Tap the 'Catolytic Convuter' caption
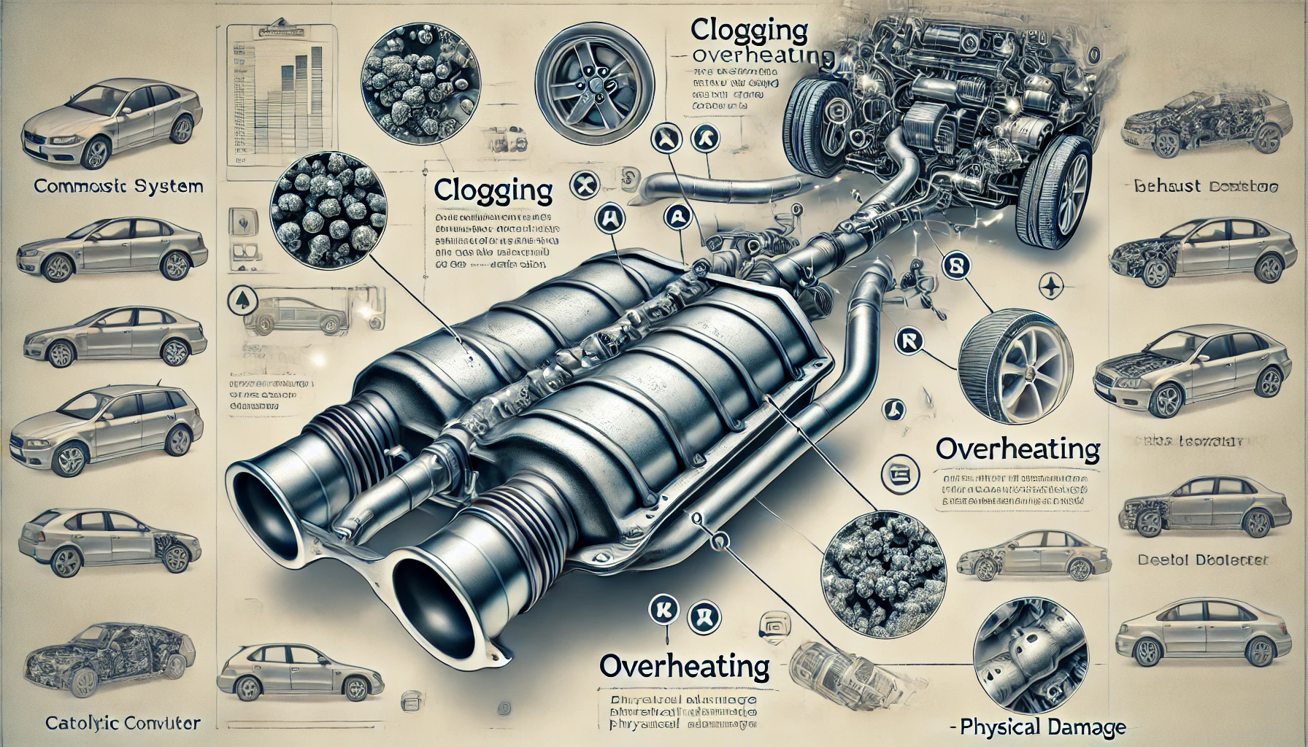coord(123,724)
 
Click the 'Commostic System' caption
coord(118,186)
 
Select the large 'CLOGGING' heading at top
coord(749,31)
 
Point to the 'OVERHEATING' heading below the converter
coord(684,665)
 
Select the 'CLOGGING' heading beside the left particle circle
coord(493,190)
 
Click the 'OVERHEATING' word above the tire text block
coord(1017,449)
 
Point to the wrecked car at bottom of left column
coord(109,649)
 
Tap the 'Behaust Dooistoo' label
coord(1205,187)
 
